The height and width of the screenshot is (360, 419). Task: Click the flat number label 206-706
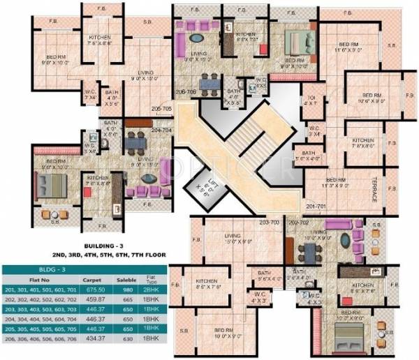(x=186, y=91)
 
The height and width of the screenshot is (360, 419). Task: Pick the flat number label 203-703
(x=269, y=223)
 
